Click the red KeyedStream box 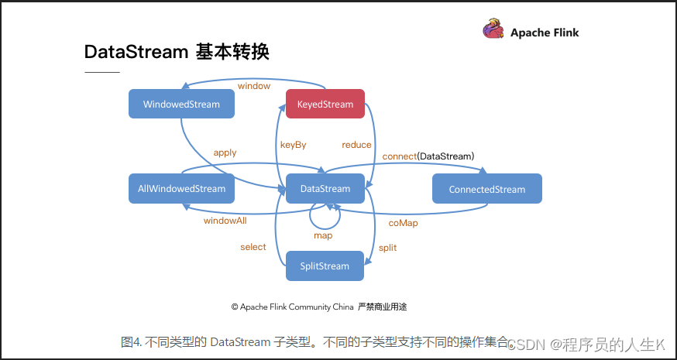325,104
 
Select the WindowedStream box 181,104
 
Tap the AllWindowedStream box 181,189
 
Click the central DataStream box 325,189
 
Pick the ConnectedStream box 487,189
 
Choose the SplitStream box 325,266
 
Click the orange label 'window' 254,86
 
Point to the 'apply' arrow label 225,153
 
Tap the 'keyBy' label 293,145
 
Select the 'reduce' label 356,145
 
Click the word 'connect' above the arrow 400,156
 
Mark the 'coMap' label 404,223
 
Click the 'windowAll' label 225,221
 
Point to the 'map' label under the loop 323,235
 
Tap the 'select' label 253,247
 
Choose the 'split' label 388,248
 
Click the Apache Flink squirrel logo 493,29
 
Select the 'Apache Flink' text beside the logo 545,33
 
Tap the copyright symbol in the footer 235,307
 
